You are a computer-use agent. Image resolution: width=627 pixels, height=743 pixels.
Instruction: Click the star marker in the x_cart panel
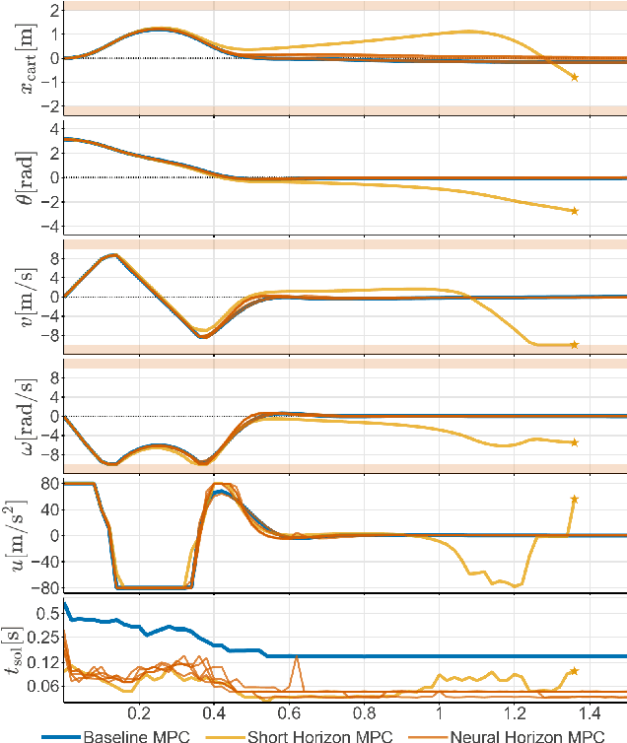(574, 77)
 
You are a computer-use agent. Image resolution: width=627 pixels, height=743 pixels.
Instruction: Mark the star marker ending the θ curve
(574, 211)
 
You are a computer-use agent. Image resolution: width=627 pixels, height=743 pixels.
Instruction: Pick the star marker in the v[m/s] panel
(574, 344)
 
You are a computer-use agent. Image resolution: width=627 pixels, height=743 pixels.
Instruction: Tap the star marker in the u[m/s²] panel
(574, 500)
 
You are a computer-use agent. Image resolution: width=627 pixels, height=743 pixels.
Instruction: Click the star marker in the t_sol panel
(574, 671)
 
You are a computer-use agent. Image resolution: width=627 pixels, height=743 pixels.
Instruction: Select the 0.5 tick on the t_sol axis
(46, 613)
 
